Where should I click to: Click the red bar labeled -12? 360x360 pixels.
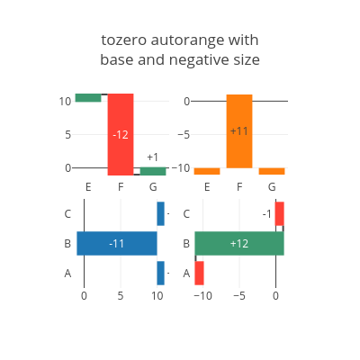click(x=121, y=134)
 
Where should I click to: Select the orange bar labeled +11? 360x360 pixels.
click(x=239, y=131)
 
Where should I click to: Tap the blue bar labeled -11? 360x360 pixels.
click(x=117, y=243)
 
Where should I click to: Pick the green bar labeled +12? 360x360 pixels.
click(x=239, y=243)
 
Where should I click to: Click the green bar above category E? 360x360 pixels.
click(x=88, y=98)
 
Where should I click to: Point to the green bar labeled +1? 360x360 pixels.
click(x=153, y=171)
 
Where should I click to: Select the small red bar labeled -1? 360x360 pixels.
click(x=280, y=213)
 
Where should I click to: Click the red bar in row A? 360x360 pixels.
click(x=199, y=273)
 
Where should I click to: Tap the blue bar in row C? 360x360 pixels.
click(x=160, y=213)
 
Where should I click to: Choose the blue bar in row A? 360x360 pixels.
click(x=160, y=273)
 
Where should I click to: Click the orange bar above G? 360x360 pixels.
click(x=272, y=171)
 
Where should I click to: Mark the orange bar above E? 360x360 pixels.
click(x=207, y=171)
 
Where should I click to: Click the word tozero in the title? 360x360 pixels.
click(x=124, y=40)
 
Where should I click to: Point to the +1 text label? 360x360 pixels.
click(x=153, y=157)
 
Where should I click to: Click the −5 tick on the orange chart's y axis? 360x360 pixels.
click(x=184, y=135)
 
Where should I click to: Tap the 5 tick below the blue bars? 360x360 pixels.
click(x=121, y=296)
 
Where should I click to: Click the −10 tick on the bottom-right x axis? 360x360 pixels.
click(x=202, y=296)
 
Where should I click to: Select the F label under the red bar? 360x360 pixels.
click(x=121, y=187)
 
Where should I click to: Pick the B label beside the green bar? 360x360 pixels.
click(x=186, y=244)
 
